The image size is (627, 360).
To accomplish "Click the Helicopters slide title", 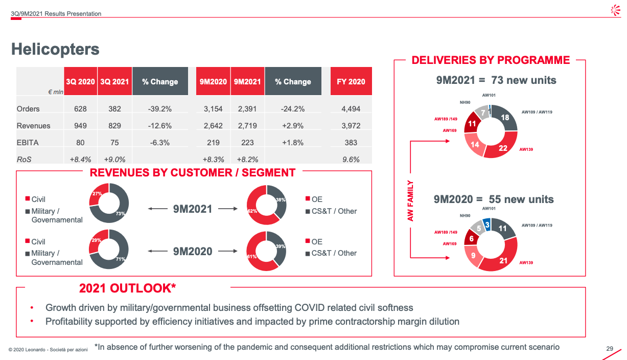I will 55,49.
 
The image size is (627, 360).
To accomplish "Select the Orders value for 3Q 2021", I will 114,109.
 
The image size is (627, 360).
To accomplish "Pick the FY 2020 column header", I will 351,81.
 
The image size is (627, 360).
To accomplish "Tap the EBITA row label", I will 28,143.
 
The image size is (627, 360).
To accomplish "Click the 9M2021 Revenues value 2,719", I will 247,126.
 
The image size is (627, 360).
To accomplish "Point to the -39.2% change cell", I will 160,109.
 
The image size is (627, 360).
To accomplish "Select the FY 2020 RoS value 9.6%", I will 351,160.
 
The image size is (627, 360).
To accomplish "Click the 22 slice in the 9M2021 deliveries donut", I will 502,148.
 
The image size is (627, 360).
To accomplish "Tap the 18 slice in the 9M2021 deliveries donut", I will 505,118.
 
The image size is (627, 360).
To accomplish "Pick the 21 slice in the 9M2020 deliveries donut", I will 503,260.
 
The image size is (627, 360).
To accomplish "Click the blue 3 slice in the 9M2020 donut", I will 487,224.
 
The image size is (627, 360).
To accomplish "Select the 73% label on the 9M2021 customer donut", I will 121,214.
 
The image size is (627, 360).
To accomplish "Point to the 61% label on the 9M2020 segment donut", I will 251,256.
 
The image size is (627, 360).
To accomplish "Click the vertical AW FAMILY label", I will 410,201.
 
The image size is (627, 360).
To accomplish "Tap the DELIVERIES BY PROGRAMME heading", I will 491,60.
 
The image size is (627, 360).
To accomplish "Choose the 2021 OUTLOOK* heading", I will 127,288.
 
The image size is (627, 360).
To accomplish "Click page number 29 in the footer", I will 610,349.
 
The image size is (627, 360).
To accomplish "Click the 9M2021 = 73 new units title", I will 496,80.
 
